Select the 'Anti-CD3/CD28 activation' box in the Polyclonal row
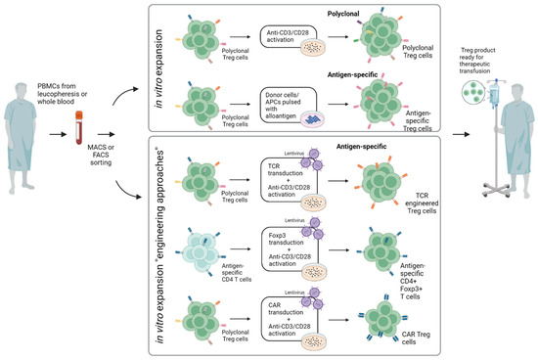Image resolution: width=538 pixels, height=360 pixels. click(x=279, y=39)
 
